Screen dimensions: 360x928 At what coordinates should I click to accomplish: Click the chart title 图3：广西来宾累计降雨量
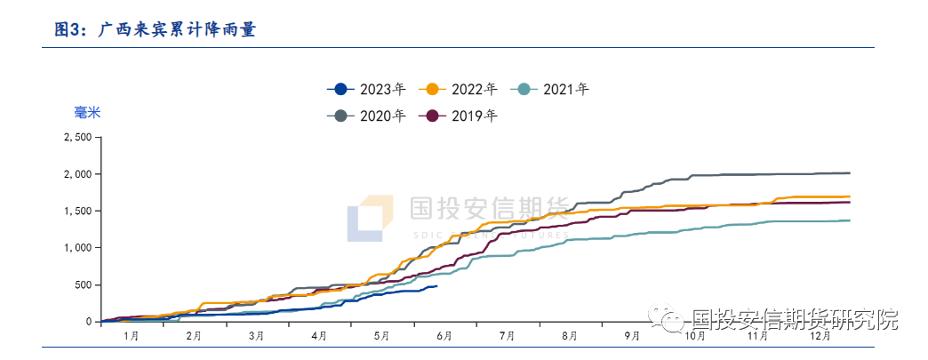click(156, 29)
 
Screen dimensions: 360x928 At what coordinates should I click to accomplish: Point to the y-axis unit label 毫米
click(86, 113)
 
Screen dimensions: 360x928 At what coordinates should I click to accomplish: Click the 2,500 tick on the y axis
click(77, 138)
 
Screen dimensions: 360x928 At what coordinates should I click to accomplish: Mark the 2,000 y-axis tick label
click(77, 174)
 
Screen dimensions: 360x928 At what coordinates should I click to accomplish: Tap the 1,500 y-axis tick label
click(77, 212)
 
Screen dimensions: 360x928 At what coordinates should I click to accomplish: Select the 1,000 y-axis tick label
click(77, 248)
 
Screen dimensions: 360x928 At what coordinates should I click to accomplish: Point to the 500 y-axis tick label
click(82, 284)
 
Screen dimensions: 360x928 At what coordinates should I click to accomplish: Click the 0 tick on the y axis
click(88, 322)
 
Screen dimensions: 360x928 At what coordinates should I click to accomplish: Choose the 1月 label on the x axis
click(132, 336)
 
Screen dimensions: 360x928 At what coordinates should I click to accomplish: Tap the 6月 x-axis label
click(444, 336)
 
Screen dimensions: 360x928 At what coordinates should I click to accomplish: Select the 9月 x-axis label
click(632, 336)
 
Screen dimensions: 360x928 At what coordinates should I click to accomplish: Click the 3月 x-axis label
click(257, 336)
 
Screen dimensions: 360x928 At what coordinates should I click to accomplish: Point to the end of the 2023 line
click(436, 285)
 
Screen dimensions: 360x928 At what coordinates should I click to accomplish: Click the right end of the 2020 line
click(850, 172)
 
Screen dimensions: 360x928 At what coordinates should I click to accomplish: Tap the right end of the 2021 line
click(850, 220)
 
